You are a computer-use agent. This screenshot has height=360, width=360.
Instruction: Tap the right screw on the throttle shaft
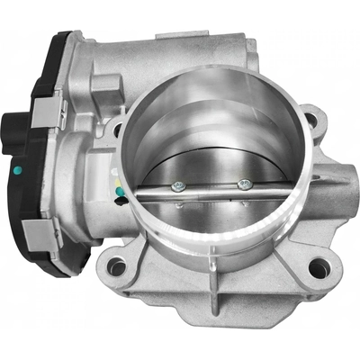[242, 184]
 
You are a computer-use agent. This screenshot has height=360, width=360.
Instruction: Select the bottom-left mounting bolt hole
[116, 266]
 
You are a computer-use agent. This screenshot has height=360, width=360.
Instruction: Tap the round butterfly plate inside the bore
[211, 166]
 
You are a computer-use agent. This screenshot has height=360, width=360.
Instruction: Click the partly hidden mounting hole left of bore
[117, 129]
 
